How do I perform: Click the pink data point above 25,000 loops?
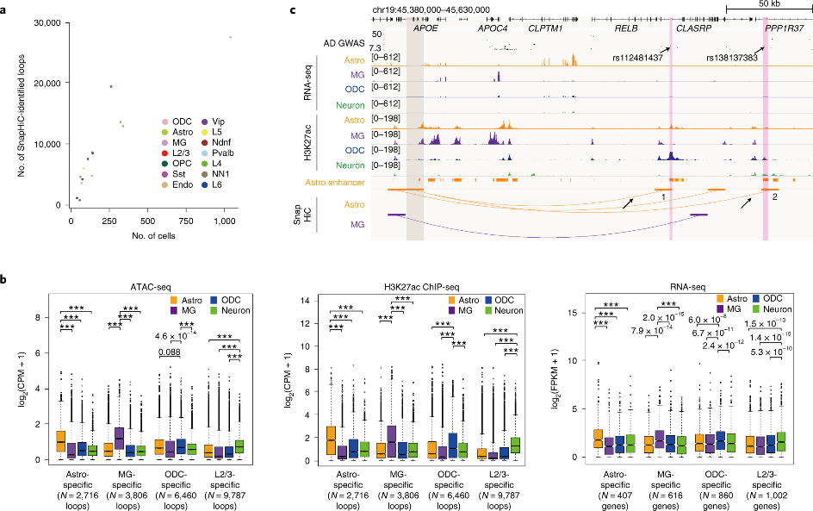[231, 37]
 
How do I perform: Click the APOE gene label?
[425, 28]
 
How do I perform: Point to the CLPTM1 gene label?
[545, 28]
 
